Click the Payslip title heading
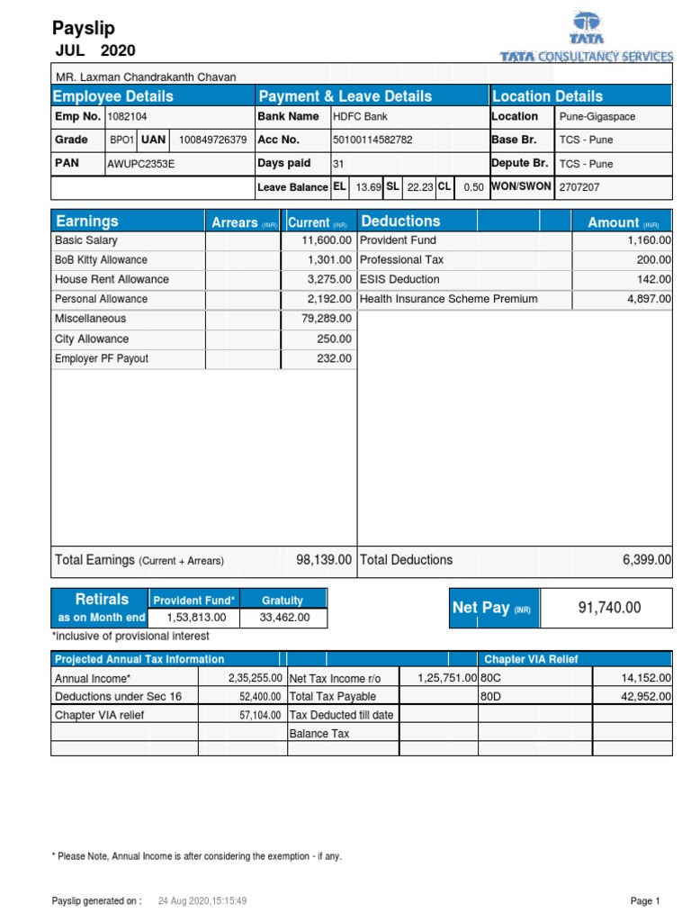click(x=84, y=29)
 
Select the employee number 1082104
click(x=128, y=116)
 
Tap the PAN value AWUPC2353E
click(x=140, y=164)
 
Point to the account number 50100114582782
click(x=373, y=140)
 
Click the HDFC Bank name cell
click(x=363, y=116)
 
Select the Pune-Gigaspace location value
click(x=597, y=116)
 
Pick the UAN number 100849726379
click(x=212, y=140)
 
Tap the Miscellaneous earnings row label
click(x=91, y=319)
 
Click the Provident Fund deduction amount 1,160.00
click(x=649, y=240)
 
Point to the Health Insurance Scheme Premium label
click(x=448, y=299)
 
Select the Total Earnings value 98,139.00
click(x=324, y=560)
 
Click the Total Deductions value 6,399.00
click(x=646, y=560)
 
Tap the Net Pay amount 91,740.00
click(x=609, y=608)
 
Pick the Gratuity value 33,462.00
click(x=284, y=618)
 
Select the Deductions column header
click(x=400, y=221)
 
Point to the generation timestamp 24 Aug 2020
click(x=202, y=900)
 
